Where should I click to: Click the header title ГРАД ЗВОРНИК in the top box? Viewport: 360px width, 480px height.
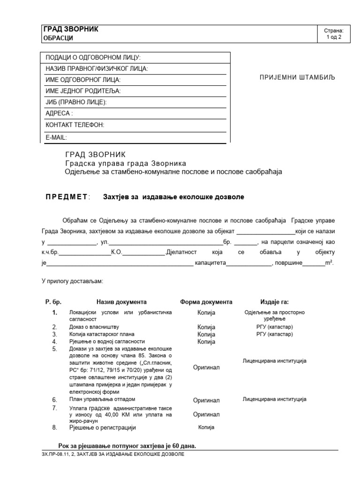[x=71, y=29]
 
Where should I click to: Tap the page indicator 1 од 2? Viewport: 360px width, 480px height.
[x=337, y=38]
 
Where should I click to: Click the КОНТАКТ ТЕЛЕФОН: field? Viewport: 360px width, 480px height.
[x=75, y=125]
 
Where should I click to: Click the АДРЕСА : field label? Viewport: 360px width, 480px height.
[x=59, y=113]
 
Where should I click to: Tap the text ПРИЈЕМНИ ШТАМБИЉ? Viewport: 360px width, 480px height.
[x=298, y=77]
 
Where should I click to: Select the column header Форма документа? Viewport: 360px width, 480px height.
[x=206, y=302]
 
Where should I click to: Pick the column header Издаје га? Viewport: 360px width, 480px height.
[x=274, y=302]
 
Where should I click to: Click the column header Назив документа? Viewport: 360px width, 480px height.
[x=121, y=302]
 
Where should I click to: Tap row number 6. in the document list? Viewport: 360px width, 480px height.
[x=55, y=400]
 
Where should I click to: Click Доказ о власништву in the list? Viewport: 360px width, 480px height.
[x=94, y=327]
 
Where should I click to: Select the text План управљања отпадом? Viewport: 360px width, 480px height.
[x=102, y=399]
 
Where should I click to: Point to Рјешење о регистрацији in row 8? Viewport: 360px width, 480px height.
[x=102, y=427]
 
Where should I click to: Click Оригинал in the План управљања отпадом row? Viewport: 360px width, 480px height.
[x=206, y=400]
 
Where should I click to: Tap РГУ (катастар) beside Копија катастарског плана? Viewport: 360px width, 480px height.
[x=274, y=334]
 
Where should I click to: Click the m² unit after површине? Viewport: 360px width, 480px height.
[x=329, y=263]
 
